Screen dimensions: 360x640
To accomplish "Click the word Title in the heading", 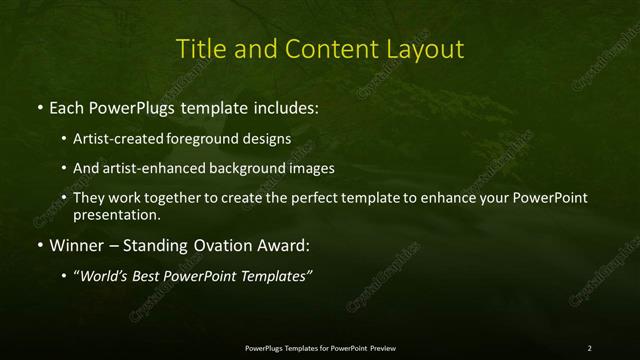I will pyautogui.click(x=200, y=49).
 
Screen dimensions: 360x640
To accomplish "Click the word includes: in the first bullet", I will pyautogui.click(x=280, y=106).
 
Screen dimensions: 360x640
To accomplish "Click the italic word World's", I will pyautogui.click(x=104, y=277).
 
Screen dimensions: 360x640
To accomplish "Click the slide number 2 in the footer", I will pyautogui.click(x=589, y=348).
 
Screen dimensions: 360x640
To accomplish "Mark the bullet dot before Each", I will pyautogui.click(x=39, y=106).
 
